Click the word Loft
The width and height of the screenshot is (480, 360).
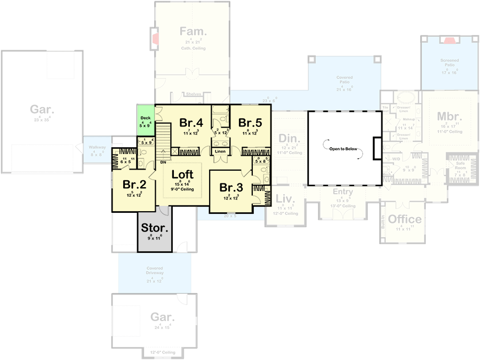(x=182, y=174)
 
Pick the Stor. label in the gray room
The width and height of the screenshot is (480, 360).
(x=155, y=228)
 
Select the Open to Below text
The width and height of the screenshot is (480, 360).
(x=343, y=149)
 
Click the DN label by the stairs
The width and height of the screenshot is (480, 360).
(x=162, y=162)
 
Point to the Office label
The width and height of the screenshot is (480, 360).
(x=404, y=219)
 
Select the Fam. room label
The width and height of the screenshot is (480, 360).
(x=193, y=31)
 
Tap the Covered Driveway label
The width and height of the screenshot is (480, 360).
(x=154, y=270)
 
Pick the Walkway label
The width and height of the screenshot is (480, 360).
(x=97, y=147)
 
